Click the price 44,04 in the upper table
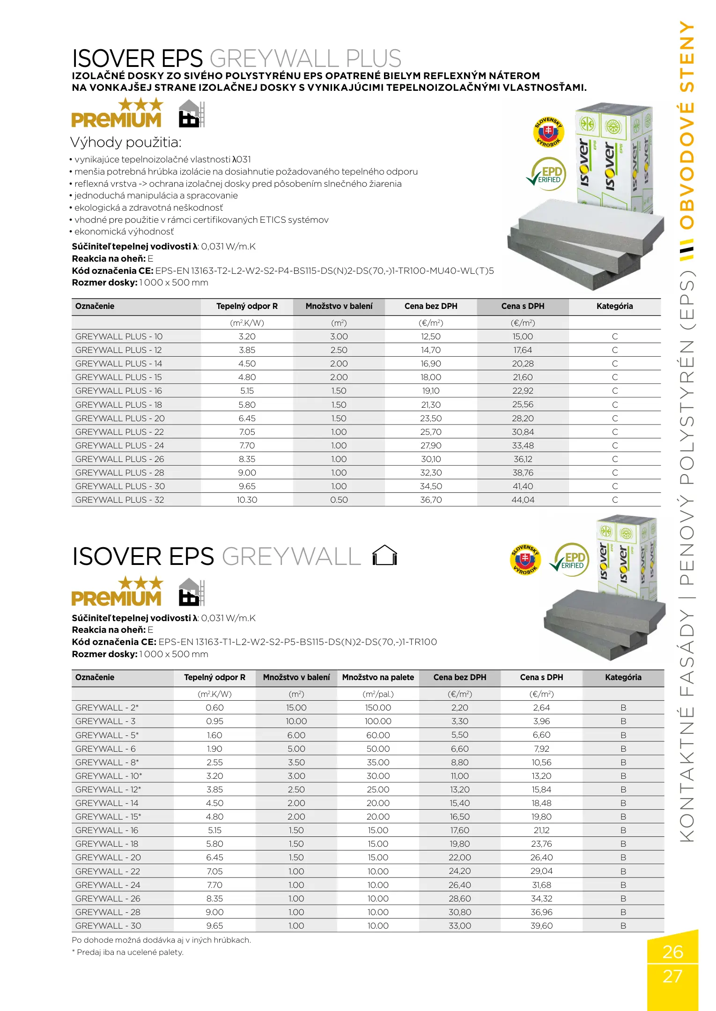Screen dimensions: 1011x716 (523, 500)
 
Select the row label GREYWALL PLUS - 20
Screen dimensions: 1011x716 (120, 418)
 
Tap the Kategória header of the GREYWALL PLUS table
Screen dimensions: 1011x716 (614, 306)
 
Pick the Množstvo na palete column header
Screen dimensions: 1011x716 (378, 677)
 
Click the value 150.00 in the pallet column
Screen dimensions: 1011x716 (378, 708)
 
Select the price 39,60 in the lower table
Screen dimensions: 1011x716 (541, 926)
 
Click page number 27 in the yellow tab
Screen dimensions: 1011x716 (672, 976)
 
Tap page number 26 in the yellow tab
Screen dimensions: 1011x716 (672, 952)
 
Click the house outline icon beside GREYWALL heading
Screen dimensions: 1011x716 (384, 556)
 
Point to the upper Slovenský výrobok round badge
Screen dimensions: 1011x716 (548, 132)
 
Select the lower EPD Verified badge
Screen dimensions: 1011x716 (570, 559)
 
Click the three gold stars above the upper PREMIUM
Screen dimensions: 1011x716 (140, 104)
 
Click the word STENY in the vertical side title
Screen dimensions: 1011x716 (687, 56)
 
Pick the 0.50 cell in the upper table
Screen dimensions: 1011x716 (339, 500)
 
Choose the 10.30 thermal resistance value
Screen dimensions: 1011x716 (247, 500)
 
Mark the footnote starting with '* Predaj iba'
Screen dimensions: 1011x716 (127, 952)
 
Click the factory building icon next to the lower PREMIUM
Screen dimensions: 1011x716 (192, 592)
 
